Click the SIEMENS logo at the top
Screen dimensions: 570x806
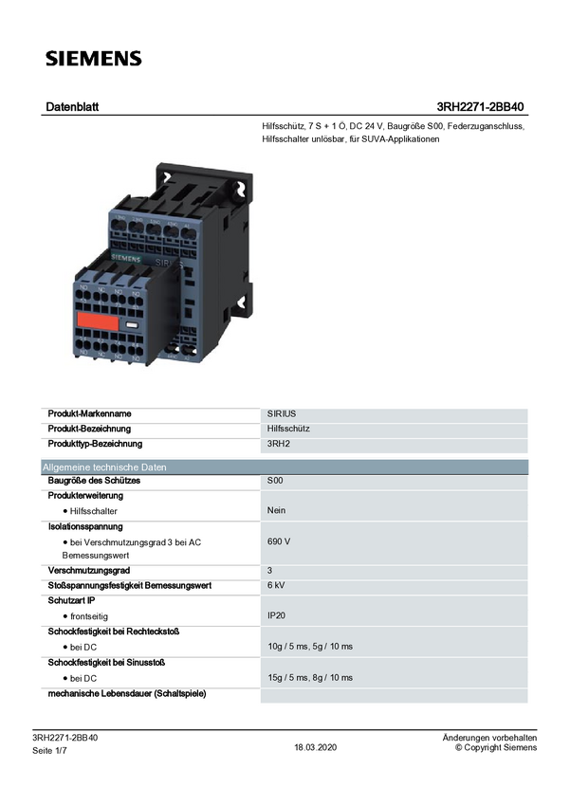coord(94,59)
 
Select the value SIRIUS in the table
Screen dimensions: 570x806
coord(282,414)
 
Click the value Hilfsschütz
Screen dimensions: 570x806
coord(287,430)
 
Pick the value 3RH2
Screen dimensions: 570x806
coord(279,444)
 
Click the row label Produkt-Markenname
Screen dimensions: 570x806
coord(90,414)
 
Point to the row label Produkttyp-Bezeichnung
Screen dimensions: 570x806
coord(95,444)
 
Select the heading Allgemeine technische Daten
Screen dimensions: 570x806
coord(104,467)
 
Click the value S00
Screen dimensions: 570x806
coord(275,482)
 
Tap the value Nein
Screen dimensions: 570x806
coord(277,511)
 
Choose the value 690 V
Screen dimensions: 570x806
coord(279,541)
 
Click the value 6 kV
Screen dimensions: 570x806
coord(277,586)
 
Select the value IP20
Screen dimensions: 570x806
coord(277,616)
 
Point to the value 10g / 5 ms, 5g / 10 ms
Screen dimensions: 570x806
coord(310,647)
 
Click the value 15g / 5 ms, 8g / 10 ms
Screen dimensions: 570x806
coord(310,678)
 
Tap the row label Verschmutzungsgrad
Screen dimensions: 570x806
coord(91,571)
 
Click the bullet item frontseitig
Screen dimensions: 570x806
coord(90,616)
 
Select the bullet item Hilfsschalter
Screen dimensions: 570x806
coord(93,511)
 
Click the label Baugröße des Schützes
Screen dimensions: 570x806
coord(94,482)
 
